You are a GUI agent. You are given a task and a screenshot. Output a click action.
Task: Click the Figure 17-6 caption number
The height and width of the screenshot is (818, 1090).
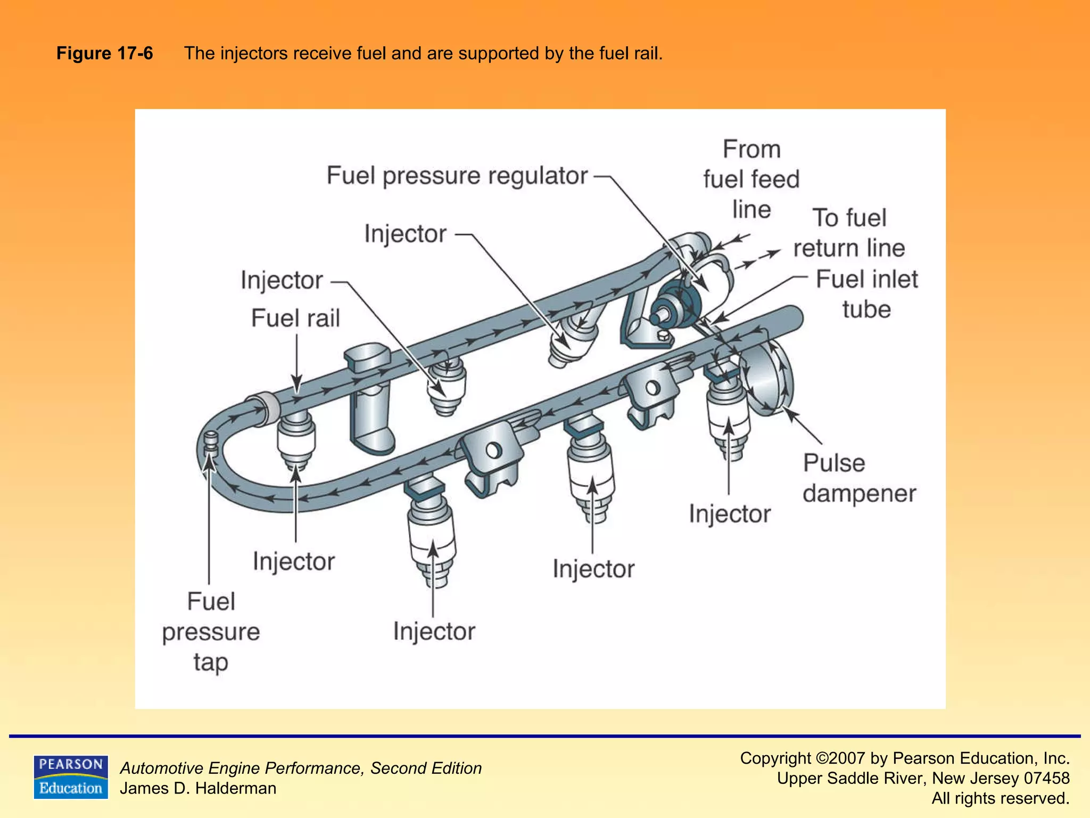[x=104, y=53]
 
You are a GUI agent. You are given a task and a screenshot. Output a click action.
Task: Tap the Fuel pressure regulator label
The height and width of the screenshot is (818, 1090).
[x=457, y=176]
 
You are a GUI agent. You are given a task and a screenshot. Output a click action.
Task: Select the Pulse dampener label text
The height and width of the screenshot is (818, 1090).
[x=858, y=478]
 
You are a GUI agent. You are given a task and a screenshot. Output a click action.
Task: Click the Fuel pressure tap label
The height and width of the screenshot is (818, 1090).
[x=211, y=632]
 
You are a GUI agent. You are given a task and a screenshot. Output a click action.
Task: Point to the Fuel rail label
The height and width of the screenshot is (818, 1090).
[x=295, y=318]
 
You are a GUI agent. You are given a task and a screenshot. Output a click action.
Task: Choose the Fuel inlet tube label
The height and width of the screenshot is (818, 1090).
[x=866, y=294]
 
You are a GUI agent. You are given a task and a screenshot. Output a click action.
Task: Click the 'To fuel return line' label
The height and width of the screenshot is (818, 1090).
[x=849, y=233]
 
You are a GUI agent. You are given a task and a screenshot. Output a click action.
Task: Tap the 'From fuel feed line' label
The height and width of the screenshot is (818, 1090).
[x=751, y=179]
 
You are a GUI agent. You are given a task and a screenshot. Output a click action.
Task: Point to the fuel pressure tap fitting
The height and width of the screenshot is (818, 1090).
[x=211, y=443]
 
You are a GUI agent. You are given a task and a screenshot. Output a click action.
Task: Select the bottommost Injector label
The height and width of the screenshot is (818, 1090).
[x=434, y=631]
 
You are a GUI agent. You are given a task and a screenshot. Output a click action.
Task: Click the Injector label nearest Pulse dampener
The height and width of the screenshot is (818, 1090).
[x=729, y=514]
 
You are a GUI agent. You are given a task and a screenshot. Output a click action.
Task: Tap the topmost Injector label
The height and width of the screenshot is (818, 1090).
[x=405, y=234]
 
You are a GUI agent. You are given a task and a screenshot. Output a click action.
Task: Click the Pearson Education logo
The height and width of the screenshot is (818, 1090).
[x=70, y=776]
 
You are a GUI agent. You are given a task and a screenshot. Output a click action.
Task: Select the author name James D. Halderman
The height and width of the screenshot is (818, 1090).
[x=198, y=788]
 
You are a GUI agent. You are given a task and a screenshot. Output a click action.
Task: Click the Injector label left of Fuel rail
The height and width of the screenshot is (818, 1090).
[x=282, y=280]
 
